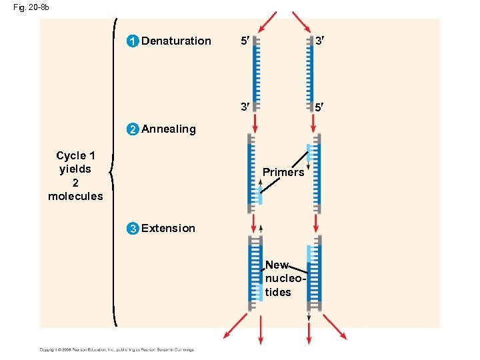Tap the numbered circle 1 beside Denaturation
click(133, 41)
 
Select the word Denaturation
click(176, 41)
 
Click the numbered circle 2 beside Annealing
click(133, 129)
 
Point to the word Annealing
click(169, 129)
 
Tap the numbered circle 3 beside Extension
click(133, 229)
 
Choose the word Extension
click(169, 229)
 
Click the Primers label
click(283, 173)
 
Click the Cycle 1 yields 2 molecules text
click(75, 175)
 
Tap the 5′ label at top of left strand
click(245, 41)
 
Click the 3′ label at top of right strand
click(320, 41)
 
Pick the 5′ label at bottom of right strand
click(320, 106)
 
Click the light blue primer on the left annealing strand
click(257, 195)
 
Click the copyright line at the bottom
click(116, 349)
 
